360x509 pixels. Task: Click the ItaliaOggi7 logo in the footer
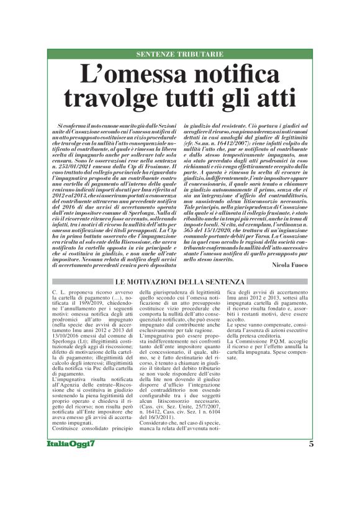click(x=71, y=479)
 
